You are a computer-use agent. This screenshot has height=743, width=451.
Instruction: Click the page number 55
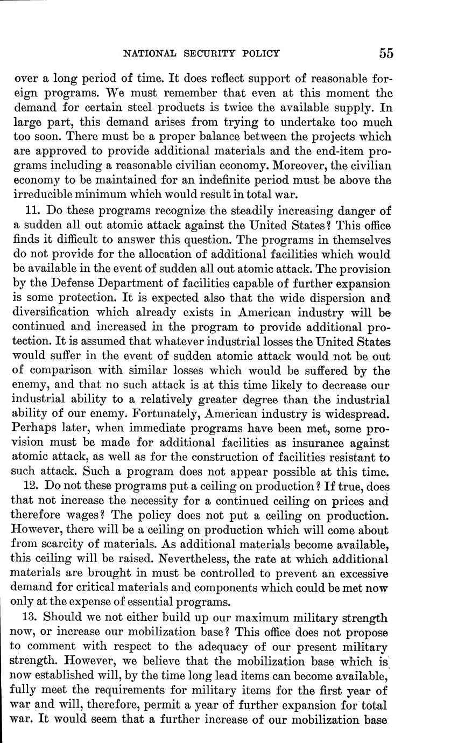(x=386, y=53)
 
